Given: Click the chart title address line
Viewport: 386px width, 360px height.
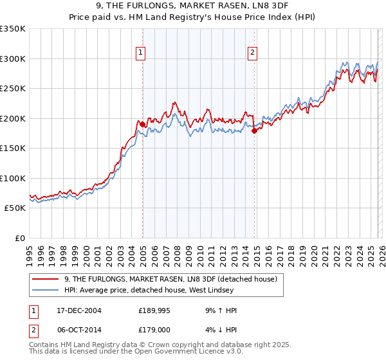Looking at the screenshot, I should pos(193,6).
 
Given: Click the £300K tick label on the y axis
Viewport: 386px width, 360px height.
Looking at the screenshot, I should pos(13,59).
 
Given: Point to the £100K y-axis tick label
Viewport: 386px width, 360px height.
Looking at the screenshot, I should pos(13,178).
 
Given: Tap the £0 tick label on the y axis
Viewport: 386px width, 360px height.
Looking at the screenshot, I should pos(19,238).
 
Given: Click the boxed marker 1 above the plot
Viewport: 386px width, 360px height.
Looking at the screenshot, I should pos(140,53).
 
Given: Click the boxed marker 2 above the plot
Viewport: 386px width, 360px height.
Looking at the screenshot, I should pos(253,53).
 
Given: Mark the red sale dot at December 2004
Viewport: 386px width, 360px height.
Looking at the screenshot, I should pos(142,125).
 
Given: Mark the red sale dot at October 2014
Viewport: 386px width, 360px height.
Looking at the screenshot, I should pos(254,131).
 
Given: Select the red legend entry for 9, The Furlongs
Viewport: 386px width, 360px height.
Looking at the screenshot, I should pos(170,279).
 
